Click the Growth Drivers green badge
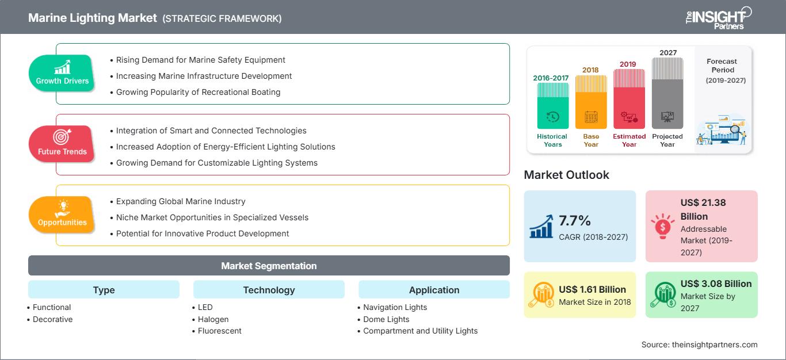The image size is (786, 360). (62, 73)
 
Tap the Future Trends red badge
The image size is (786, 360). (62, 144)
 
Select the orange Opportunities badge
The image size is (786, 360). (62, 215)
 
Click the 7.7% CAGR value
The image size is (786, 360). (575, 221)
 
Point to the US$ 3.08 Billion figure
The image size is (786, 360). (716, 284)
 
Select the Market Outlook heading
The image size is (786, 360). (566, 175)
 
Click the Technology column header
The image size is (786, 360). (269, 290)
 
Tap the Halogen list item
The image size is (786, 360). (213, 319)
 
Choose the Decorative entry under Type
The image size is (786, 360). (52, 319)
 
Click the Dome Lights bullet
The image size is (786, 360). (386, 319)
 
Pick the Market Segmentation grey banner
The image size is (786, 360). (269, 266)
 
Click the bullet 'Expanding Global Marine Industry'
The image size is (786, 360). (181, 201)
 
